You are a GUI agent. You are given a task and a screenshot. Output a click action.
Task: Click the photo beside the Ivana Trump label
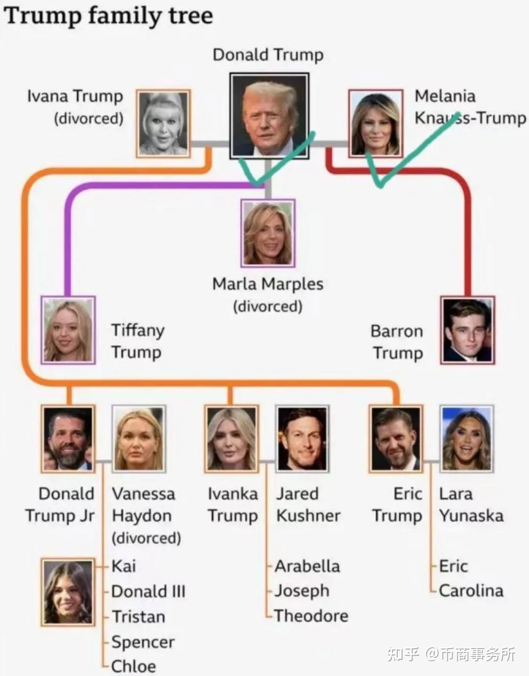[163, 123]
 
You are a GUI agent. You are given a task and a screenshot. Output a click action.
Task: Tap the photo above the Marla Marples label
[268, 233]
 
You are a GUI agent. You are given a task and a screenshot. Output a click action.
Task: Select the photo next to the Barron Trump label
[467, 330]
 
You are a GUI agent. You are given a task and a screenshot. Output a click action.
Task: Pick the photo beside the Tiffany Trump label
[68, 330]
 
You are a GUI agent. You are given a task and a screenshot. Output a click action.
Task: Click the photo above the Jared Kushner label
[302, 439]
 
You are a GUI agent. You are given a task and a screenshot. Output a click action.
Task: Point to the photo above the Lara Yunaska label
[466, 439]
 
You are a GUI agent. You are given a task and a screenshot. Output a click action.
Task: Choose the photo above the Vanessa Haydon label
[139, 439]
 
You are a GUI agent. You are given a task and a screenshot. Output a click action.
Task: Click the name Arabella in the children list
[307, 566]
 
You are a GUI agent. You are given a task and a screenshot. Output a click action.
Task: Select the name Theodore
[312, 616]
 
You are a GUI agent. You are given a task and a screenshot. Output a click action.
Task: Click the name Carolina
[471, 591]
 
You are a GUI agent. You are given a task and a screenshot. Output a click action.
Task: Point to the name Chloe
[134, 666]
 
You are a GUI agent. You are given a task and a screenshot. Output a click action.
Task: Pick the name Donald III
[148, 591]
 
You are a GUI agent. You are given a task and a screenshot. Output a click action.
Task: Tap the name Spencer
[143, 642]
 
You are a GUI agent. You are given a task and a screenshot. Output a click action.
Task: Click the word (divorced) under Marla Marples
[267, 307]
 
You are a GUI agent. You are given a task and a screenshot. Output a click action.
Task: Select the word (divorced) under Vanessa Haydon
[146, 538]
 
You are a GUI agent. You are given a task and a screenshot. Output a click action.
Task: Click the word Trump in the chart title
[44, 16]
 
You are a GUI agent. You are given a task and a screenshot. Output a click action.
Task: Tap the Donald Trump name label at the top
[268, 55]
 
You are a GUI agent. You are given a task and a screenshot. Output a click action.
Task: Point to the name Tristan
[138, 616]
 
